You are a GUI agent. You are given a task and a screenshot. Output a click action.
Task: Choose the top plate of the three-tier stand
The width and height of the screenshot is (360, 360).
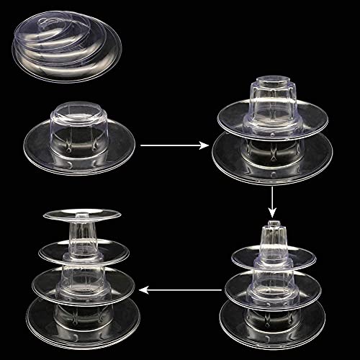point(273,258)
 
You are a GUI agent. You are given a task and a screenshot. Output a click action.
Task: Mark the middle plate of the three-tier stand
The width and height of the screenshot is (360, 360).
point(273,287)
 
